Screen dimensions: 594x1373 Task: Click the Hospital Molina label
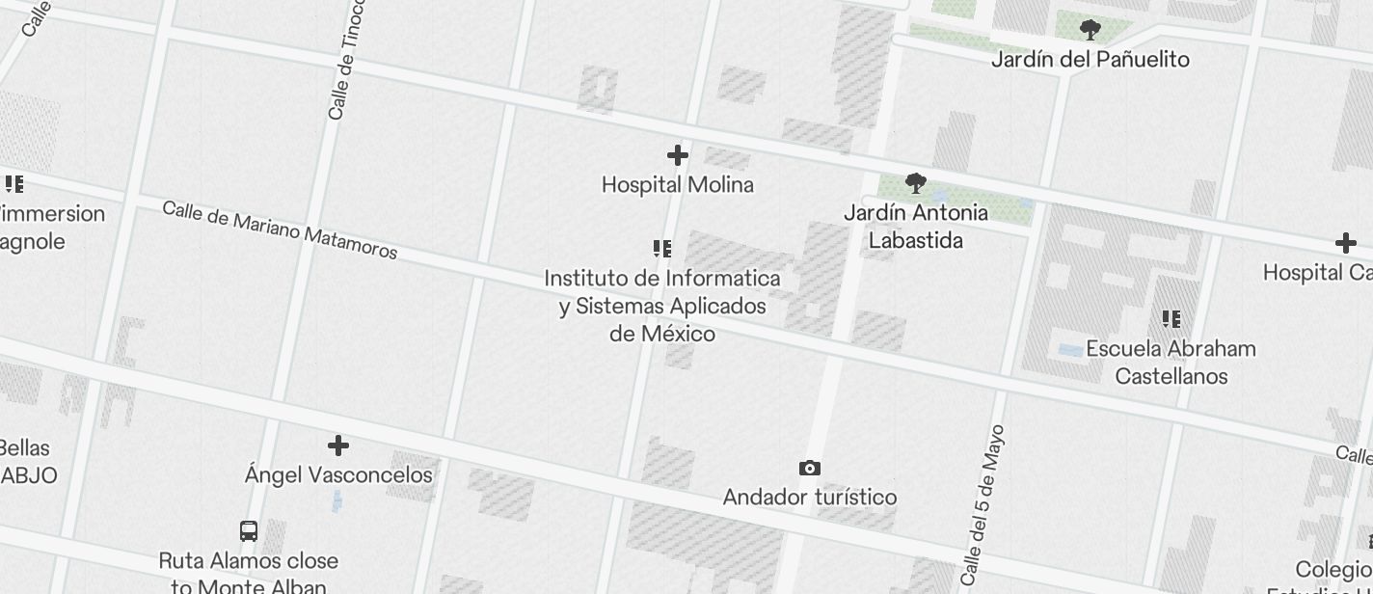pyautogui.click(x=677, y=184)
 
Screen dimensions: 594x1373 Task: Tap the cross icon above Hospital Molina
pyautogui.click(x=678, y=154)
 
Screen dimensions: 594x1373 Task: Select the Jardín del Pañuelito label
pyautogui.click(x=1090, y=60)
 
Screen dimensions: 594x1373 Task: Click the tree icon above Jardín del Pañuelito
pyautogui.click(x=1090, y=30)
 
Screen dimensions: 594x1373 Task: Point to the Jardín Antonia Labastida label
pyautogui.click(x=915, y=227)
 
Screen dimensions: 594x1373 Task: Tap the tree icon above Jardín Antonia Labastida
pyautogui.click(x=915, y=182)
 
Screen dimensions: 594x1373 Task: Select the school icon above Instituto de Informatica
pyautogui.click(x=662, y=249)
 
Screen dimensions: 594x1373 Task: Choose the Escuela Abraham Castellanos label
pyautogui.click(x=1171, y=363)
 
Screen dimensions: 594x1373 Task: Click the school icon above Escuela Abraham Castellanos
pyautogui.click(x=1171, y=318)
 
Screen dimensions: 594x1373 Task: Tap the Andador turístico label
pyautogui.click(x=809, y=498)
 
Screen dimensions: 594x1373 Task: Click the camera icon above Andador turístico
pyautogui.click(x=810, y=468)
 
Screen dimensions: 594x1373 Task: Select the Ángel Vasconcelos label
pyautogui.click(x=338, y=475)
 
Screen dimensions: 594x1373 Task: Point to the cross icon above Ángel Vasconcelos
pyautogui.click(x=338, y=445)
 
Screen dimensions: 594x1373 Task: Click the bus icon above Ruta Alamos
pyautogui.click(x=249, y=531)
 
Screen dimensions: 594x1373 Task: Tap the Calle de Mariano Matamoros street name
pyautogui.click(x=280, y=230)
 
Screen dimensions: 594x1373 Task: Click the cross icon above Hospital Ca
pyautogui.click(x=1345, y=243)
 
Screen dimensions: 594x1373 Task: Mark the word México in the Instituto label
pyautogui.click(x=675, y=335)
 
